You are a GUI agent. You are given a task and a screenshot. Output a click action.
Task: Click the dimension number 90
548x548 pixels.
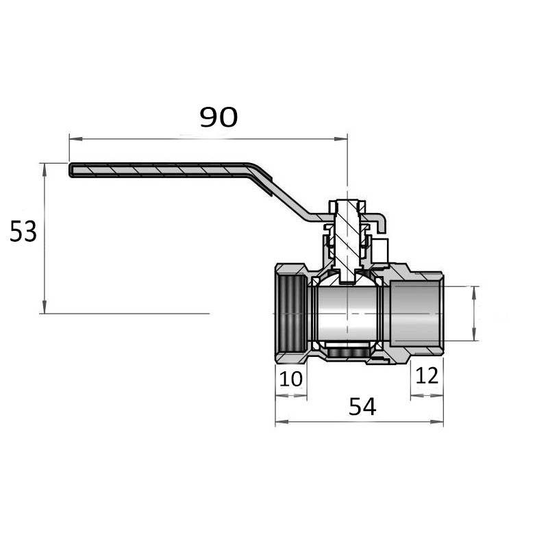pyautogui.click(x=219, y=117)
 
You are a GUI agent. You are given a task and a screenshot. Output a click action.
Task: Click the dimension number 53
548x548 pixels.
pyautogui.click(x=23, y=232)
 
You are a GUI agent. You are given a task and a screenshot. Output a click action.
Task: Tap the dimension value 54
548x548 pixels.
pyautogui.click(x=362, y=407)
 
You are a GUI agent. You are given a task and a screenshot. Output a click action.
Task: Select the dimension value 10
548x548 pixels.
pyautogui.click(x=291, y=379)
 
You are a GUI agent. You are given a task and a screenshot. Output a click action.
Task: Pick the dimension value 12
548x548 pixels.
pyautogui.click(x=427, y=375)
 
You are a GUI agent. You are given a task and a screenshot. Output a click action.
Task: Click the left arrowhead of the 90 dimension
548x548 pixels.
pyautogui.click(x=75, y=139)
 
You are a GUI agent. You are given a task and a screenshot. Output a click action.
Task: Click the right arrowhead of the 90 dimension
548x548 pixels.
pyautogui.click(x=341, y=139)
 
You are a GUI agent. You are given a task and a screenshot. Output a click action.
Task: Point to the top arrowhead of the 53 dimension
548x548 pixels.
pyautogui.click(x=44, y=169)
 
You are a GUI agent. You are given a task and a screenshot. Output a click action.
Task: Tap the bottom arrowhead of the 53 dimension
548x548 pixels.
pyautogui.click(x=44, y=307)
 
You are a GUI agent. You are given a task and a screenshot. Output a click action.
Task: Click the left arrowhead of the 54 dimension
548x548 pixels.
pyautogui.click(x=282, y=422)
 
